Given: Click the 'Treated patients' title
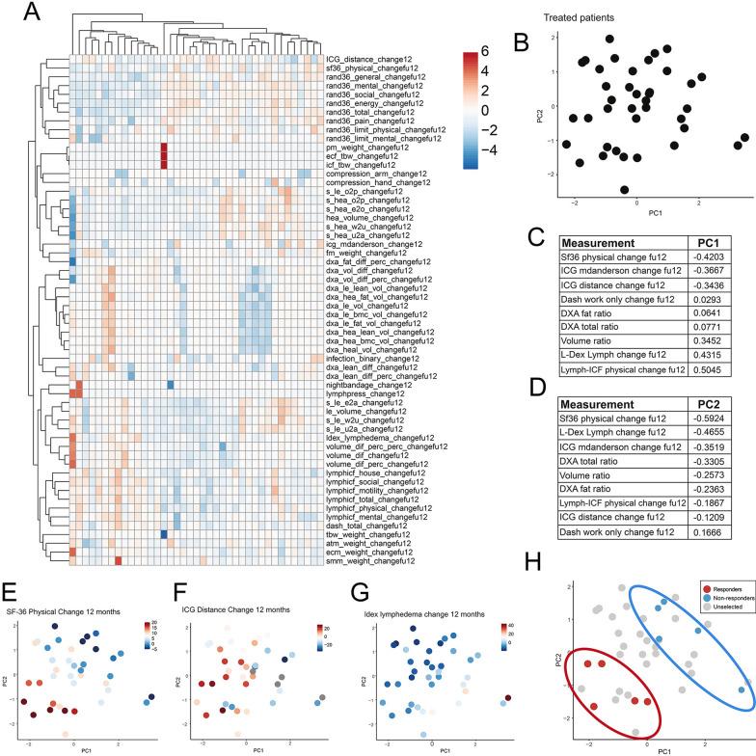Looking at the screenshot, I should pos(600,17).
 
